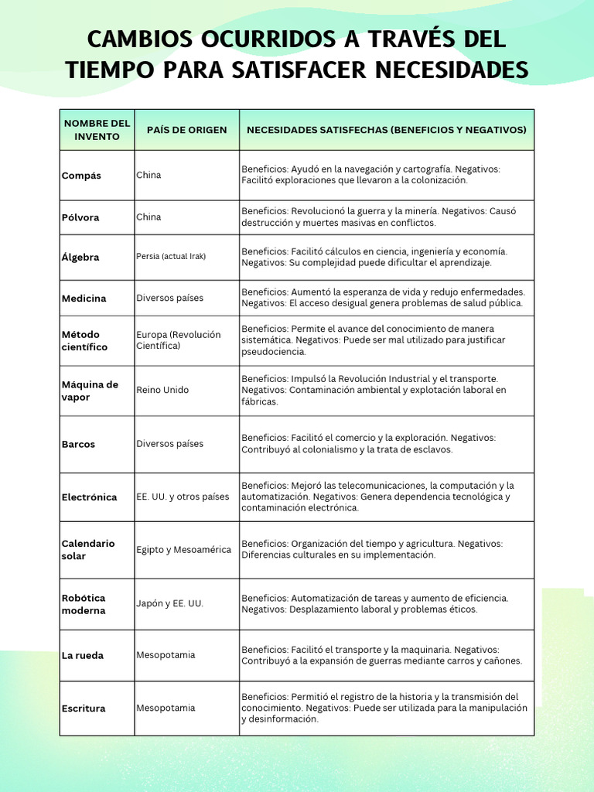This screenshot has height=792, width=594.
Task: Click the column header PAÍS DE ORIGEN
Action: (x=186, y=130)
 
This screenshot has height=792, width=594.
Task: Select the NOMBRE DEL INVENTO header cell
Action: (x=97, y=130)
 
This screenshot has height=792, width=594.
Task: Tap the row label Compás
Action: (x=81, y=176)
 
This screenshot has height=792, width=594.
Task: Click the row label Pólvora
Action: (x=80, y=217)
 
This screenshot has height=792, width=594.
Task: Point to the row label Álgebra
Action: (x=80, y=257)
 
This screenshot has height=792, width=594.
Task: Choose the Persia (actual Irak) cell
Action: (x=171, y=257)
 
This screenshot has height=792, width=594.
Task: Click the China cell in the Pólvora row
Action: (x=148, y=217)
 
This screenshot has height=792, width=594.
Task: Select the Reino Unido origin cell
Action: (x=162, y=391)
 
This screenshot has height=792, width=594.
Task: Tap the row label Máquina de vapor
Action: (x=90, y=391)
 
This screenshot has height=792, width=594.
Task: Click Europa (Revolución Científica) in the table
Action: (x=179, y=340)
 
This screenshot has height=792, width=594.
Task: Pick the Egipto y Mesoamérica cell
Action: (x=183, y=550)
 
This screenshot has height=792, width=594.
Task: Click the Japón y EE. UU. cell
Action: (x=169, y=603)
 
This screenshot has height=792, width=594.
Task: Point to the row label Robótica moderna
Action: (x=84, y=604)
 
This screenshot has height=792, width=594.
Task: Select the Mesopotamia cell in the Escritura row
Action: (x=166, y=708)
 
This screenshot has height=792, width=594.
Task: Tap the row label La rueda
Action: (x=82, y=655)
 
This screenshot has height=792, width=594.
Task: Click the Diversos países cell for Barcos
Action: (x=169, y=444)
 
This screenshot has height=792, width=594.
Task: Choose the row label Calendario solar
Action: (x=88, y=550)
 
